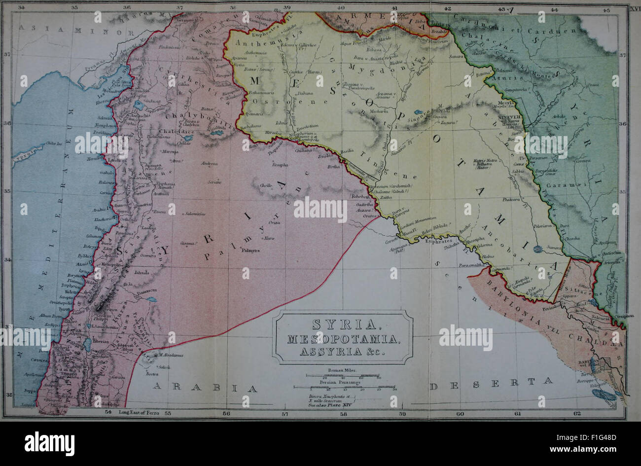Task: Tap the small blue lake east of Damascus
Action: click(154, 299)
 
